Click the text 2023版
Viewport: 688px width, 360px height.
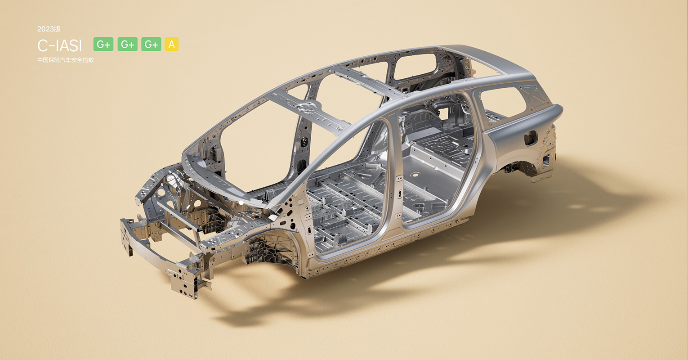pyautogui.click(x=49, y=29)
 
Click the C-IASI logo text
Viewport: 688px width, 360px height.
pyautogui.click(x=60, y=46)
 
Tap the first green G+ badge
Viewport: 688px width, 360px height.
pyautogui.click(x=103, y=44)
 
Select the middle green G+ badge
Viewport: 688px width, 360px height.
pyautogui.click(x=127, y=44)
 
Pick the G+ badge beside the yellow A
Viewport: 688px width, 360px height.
pyautogui.click(x=151, y=44)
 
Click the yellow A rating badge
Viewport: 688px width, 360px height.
pyautogui.click(x=171, y=44)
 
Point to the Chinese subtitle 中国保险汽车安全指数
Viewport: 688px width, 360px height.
pyautogui.click(x=65, y=60)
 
